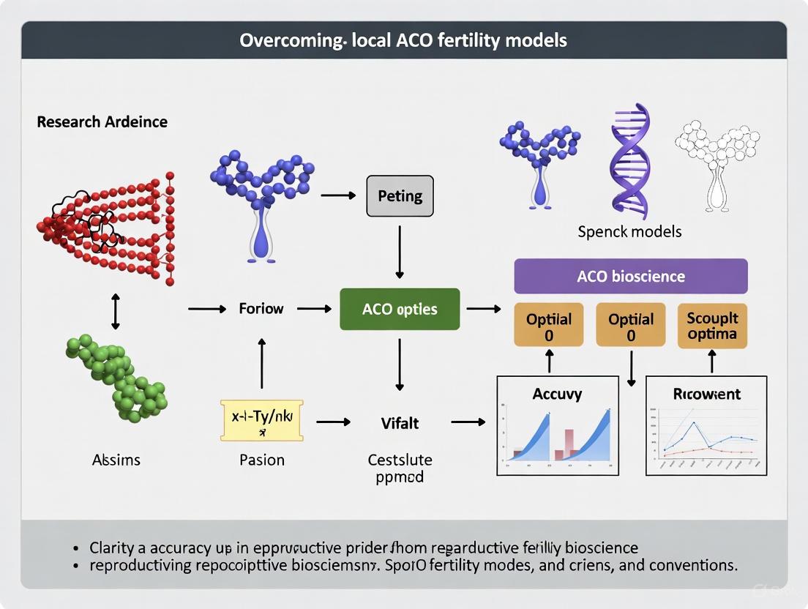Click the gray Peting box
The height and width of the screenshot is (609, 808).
400,195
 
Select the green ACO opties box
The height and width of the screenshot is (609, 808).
400,309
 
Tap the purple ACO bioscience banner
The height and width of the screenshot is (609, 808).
631,277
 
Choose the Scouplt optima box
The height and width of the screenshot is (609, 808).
712,326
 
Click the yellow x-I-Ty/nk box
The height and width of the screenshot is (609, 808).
261,420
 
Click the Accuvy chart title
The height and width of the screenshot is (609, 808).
557,394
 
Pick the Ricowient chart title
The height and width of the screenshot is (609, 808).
706,394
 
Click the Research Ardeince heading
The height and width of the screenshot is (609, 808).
102,122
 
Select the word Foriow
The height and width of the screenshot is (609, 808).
261,309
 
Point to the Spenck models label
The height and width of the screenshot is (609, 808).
629,231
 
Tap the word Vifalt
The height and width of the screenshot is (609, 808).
400,422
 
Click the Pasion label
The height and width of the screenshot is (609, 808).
261,460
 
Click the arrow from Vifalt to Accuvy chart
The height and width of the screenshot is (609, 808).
468,422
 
